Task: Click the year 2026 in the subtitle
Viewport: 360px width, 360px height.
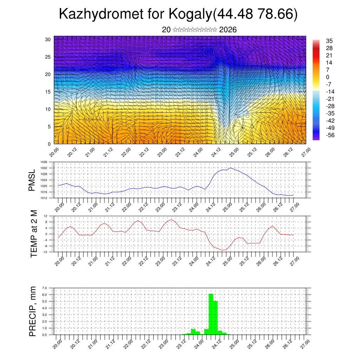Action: (228, 30)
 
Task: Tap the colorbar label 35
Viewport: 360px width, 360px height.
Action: (329, 41)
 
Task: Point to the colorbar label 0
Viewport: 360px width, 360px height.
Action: (328, 77)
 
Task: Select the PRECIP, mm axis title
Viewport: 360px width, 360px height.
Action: (32, 311)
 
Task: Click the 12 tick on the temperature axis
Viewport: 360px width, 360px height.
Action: (45, 216)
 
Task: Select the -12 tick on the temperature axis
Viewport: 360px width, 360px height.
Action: (45, 252)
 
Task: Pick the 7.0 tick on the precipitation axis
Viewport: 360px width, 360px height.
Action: (45, 288)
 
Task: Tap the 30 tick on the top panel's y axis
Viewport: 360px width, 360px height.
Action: (48, 39)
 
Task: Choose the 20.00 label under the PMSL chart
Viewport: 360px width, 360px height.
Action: (58, 206)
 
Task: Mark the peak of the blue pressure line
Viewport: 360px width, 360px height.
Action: (231, 168)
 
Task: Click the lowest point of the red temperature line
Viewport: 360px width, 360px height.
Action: (222, 250)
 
